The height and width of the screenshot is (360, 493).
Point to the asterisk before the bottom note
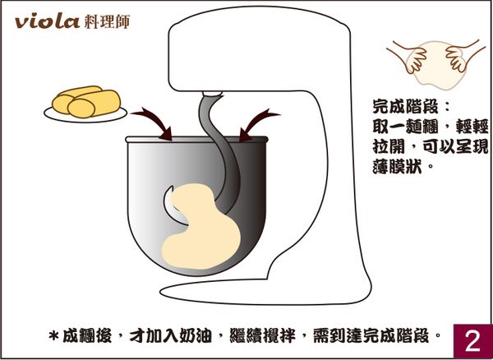(55, 337)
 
